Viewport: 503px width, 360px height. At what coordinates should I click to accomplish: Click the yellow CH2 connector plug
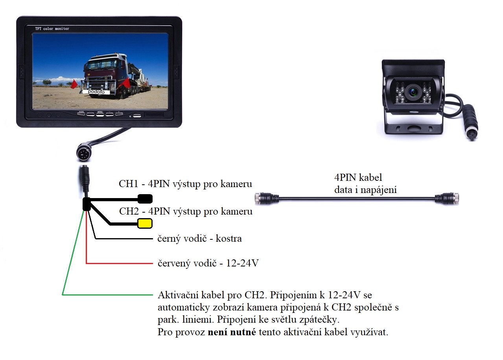[x=145, y=223]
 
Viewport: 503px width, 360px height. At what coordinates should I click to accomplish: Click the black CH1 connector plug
[x=145, y=199]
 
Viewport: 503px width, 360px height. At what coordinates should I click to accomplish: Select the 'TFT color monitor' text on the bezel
[x=52, y=29]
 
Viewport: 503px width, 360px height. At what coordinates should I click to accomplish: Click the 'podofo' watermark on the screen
[x=96, y=92]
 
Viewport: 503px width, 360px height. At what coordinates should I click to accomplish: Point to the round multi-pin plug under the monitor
[x=83, y=153]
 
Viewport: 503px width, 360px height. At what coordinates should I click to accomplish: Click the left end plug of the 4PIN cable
[x=267, y=198]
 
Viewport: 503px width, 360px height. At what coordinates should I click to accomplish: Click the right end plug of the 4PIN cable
[x=447, y=198]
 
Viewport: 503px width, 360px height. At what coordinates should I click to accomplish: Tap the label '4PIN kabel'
[x=358, y=178]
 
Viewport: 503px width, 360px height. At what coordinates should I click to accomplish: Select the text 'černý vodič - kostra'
[x=199, y=239]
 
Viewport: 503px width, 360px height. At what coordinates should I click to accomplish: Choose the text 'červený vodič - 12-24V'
[x=208, y=263]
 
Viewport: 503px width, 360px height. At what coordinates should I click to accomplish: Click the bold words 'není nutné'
[x=232, y=332]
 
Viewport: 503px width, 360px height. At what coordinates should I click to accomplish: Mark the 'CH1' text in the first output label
[x=128, y=184]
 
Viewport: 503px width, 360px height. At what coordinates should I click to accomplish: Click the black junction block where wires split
[x=87, y=204]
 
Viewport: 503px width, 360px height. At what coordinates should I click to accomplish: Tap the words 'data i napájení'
[x=365, y=190]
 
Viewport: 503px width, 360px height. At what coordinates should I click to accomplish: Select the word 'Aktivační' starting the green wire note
[x=178, y=295]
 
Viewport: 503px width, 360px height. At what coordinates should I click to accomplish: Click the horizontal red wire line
[x=119, y=263]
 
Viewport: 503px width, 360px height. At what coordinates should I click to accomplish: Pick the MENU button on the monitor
[x=100, y=114]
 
